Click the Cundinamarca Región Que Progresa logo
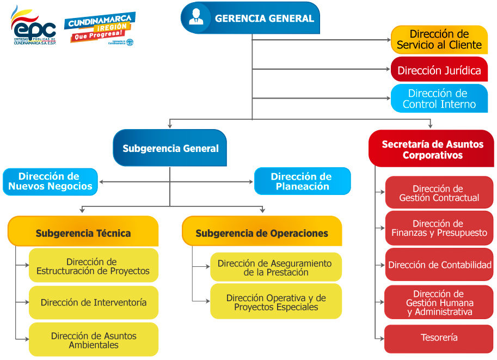pyautogui.click(x=100, y=28)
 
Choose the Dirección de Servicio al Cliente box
pyautogui.click(x=439, y=39)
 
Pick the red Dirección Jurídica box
pyautogui.click(x=439, y=70)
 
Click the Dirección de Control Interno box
pyautogui.click(x=439, y=99)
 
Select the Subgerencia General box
pyautogui.click(x=170, y=148)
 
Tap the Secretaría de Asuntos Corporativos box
pyautogui.click(x=432, y=149)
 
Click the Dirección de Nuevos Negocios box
pyautogui.click(x=50, y=181)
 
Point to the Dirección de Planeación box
pyautogui.click(x=302, y=181)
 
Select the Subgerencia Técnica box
pyautogui.click(x=83, y=233)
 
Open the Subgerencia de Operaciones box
pyautogui.click(x=262, y=233)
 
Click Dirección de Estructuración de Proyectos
pyautogui.click(x=93, y=266)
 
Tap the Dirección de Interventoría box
pyautogui.click(x=93, y=302)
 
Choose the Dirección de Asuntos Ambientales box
pyautogui.click(x=93, y=340)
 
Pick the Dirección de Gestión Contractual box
pyautogui.click(x=439, y=193)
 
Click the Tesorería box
pyautogui.click(x=439, y=338)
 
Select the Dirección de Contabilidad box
pyautogui.click(x=439, y=265)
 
